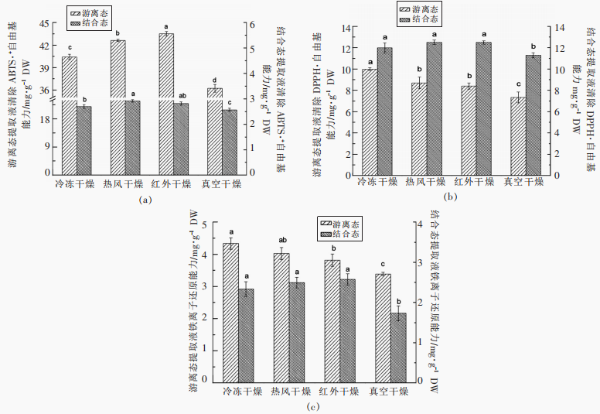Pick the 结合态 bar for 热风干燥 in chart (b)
coord(435,108)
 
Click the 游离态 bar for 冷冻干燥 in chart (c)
coord(230,313)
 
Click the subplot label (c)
coord(310,406)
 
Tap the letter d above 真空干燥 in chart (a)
coord(214,80)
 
